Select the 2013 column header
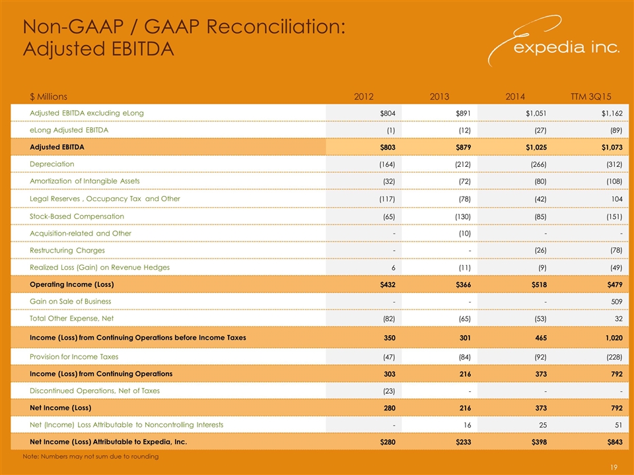[440, 96]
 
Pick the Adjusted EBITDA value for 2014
[532, 147]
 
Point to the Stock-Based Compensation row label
[77, 216]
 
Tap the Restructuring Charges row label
[67, 250]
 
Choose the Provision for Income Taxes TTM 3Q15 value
[612, 357]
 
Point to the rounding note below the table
[90, 457]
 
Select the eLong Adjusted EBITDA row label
[69, 130]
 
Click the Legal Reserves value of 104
[616, 199]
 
